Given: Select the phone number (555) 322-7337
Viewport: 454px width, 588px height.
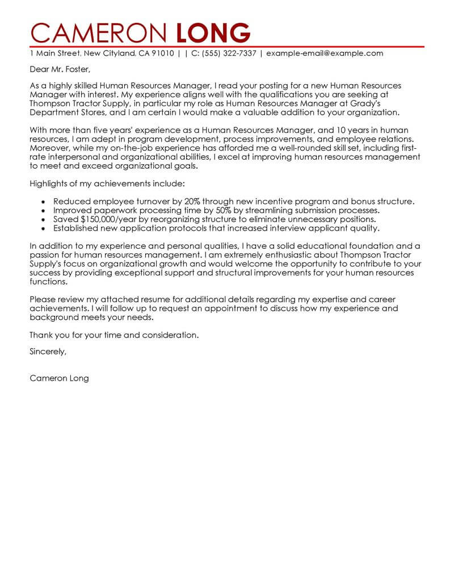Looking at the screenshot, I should coord(227,53).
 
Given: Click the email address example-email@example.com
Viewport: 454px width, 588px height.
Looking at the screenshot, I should coord(325,53).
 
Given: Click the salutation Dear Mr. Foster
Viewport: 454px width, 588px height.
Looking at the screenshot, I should coord(60,70).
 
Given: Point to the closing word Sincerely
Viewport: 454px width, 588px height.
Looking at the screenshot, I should coord(48,352).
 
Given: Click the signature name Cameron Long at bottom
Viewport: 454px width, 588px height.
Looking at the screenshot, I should coord(59,378).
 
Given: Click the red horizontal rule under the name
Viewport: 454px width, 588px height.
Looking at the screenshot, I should coord(227,46).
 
